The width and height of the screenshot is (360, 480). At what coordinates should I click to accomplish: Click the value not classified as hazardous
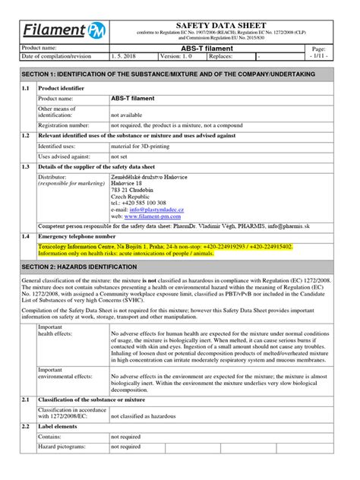(150, 417)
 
